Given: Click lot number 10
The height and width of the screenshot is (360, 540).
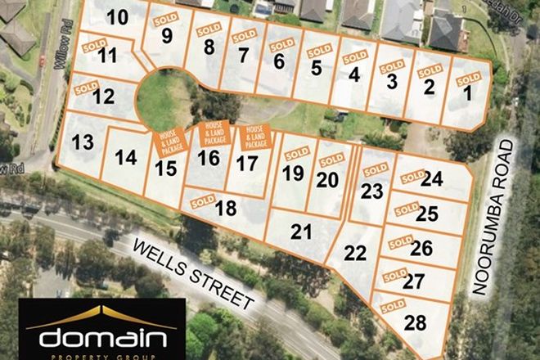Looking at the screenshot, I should pyautogui.click(x=118, y=16).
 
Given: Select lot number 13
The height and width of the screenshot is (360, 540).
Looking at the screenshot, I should pyautogui.click(x=83, y=142).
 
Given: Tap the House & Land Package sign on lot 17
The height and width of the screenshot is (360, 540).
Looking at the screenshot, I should pyautogui.click(x=255, y=137).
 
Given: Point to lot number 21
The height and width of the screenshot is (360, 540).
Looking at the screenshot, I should pyautogui.click(x=303, y=232).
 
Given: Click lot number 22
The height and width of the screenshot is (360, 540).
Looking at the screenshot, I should pyautogui.click(x=355, y=253).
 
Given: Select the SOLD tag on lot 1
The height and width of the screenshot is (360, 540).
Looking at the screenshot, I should pyautogui.click(x=469, y=79).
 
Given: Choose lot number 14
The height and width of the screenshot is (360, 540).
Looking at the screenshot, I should pyautogui.click(x=126, y=157).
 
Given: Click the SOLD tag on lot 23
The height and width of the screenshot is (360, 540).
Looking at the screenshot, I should pyautogui.click(x=376, y=169).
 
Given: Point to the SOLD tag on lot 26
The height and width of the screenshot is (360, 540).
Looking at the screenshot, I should pyautogui.click(x=400, y=241).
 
